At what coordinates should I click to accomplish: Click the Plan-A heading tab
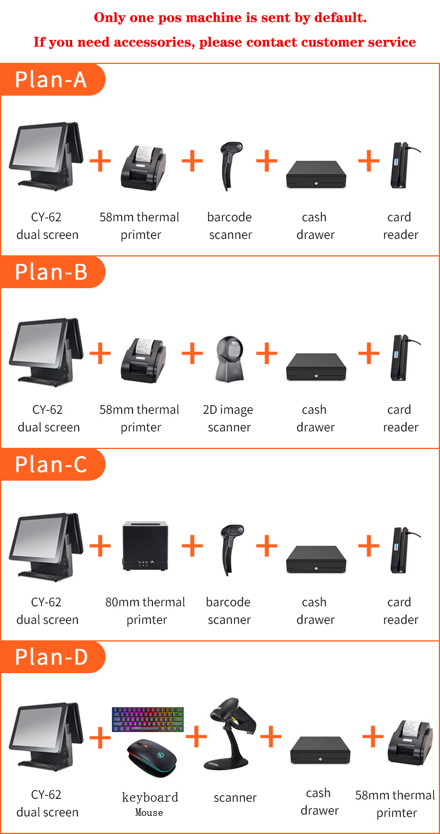pyautogui.click(x=52, y=79)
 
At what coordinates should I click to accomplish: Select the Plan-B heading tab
pyautogui.click(x=52, y=272)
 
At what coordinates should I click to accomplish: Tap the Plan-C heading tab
pyautogui.click(x=52, y=464)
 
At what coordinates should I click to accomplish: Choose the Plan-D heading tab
pyautogui.click(x=52, y=657)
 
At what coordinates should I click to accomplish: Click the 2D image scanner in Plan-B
pyautogui.click(x=229, y=359)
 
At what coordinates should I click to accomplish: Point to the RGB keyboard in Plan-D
pyautogui.click(x=147, y=720)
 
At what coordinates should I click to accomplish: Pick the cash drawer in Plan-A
pyautogui.click(x=315, y=174)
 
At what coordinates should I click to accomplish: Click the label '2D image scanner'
pyautogui.click(x=229, y=418)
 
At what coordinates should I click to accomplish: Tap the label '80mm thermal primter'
pyautogui.click(x=145, y=611)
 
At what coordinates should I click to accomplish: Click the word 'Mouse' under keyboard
pyautogui.click(x=149, y=813)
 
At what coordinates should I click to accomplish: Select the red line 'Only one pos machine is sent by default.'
pyautogui.click(x=230, y=18)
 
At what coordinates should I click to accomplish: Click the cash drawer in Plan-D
pyautogui.click(x=320, y=749)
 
